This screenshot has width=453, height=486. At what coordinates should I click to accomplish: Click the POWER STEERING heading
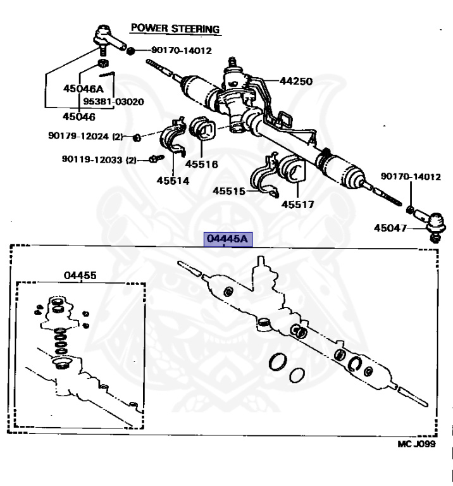point(175,28)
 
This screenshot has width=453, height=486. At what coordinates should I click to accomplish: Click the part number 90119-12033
point(92,159)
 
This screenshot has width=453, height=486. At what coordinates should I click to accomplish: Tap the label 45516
point(201,164)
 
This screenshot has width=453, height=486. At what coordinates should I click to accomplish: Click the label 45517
point(297,204)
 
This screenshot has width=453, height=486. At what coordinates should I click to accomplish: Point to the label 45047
point(391,227)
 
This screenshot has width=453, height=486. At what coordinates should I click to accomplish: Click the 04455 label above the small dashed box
point(80,275)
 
